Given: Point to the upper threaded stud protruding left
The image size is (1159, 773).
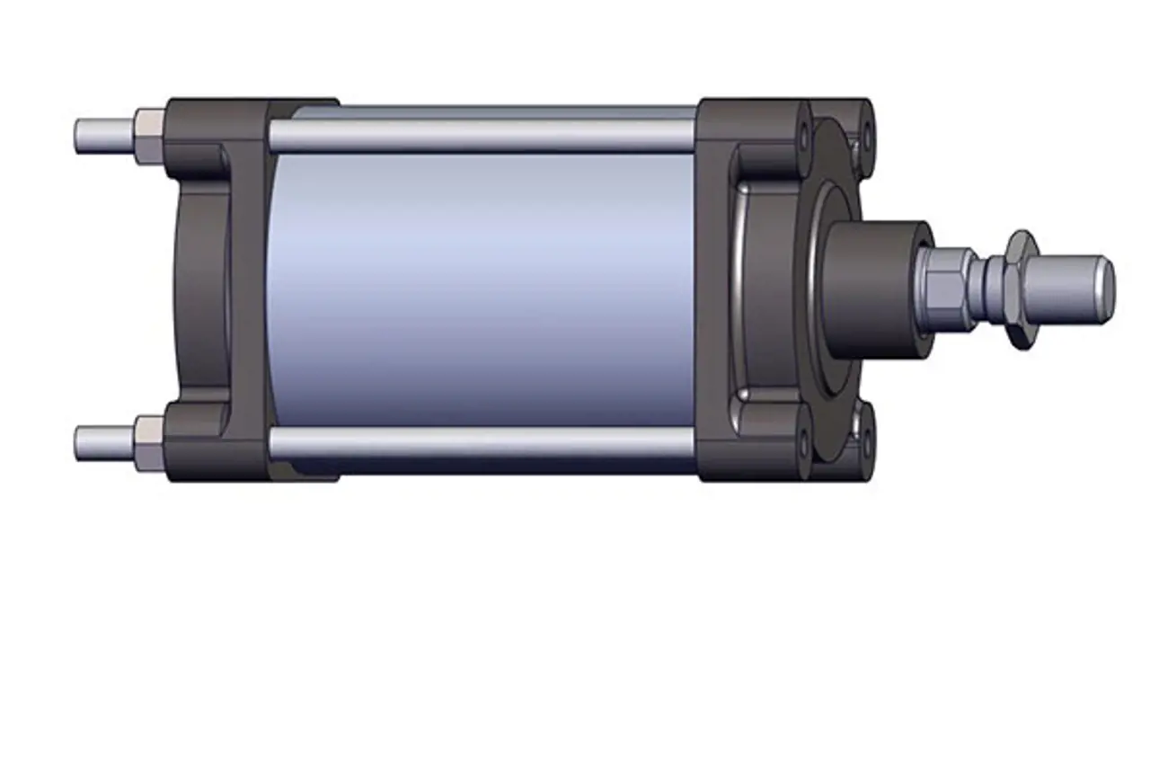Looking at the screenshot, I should pyautogui.click(x=102, y=136).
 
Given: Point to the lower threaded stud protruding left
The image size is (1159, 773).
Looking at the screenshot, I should pyautogui.click(x=102, y=443).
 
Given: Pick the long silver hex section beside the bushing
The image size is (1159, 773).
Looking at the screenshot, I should pyautogui.click(x=945, y=288).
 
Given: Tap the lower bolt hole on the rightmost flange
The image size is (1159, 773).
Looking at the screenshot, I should pyautogui.click(x=866, y=440).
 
